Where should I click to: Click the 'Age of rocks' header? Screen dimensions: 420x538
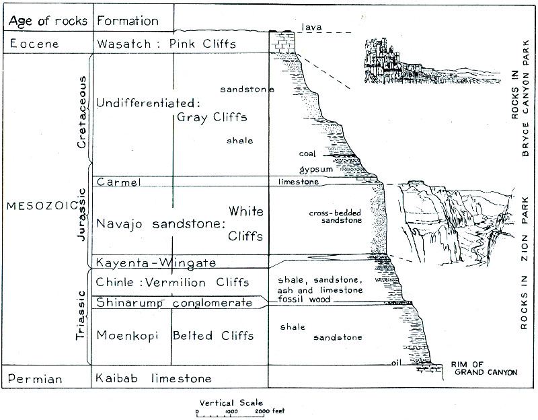point(48,20)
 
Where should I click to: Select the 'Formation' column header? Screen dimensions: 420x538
point(128,20)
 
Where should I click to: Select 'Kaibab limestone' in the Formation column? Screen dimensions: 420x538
point(154,379)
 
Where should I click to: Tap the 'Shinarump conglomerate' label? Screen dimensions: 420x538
point(174,303)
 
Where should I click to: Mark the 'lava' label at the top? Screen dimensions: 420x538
point(312,28)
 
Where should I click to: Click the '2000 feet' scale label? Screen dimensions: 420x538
point(272,411)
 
